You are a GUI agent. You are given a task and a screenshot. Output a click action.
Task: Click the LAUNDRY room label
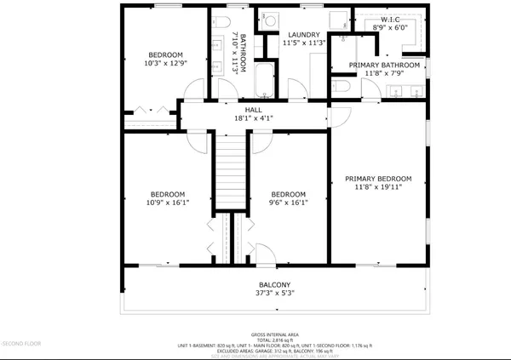(304, 34)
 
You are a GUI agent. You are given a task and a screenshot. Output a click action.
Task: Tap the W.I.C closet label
(391, 19)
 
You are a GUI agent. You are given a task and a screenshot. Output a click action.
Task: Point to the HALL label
(254, 110)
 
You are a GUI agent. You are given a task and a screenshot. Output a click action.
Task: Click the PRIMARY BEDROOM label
(378, 179)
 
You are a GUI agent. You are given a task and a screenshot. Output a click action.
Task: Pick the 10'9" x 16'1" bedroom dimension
(167, 203)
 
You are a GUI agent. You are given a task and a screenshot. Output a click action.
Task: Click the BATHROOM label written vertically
(244, 51)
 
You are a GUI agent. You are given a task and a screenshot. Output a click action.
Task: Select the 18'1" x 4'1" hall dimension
(254, 118)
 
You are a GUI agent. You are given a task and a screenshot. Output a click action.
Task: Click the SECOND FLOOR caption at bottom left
(22, 343)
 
